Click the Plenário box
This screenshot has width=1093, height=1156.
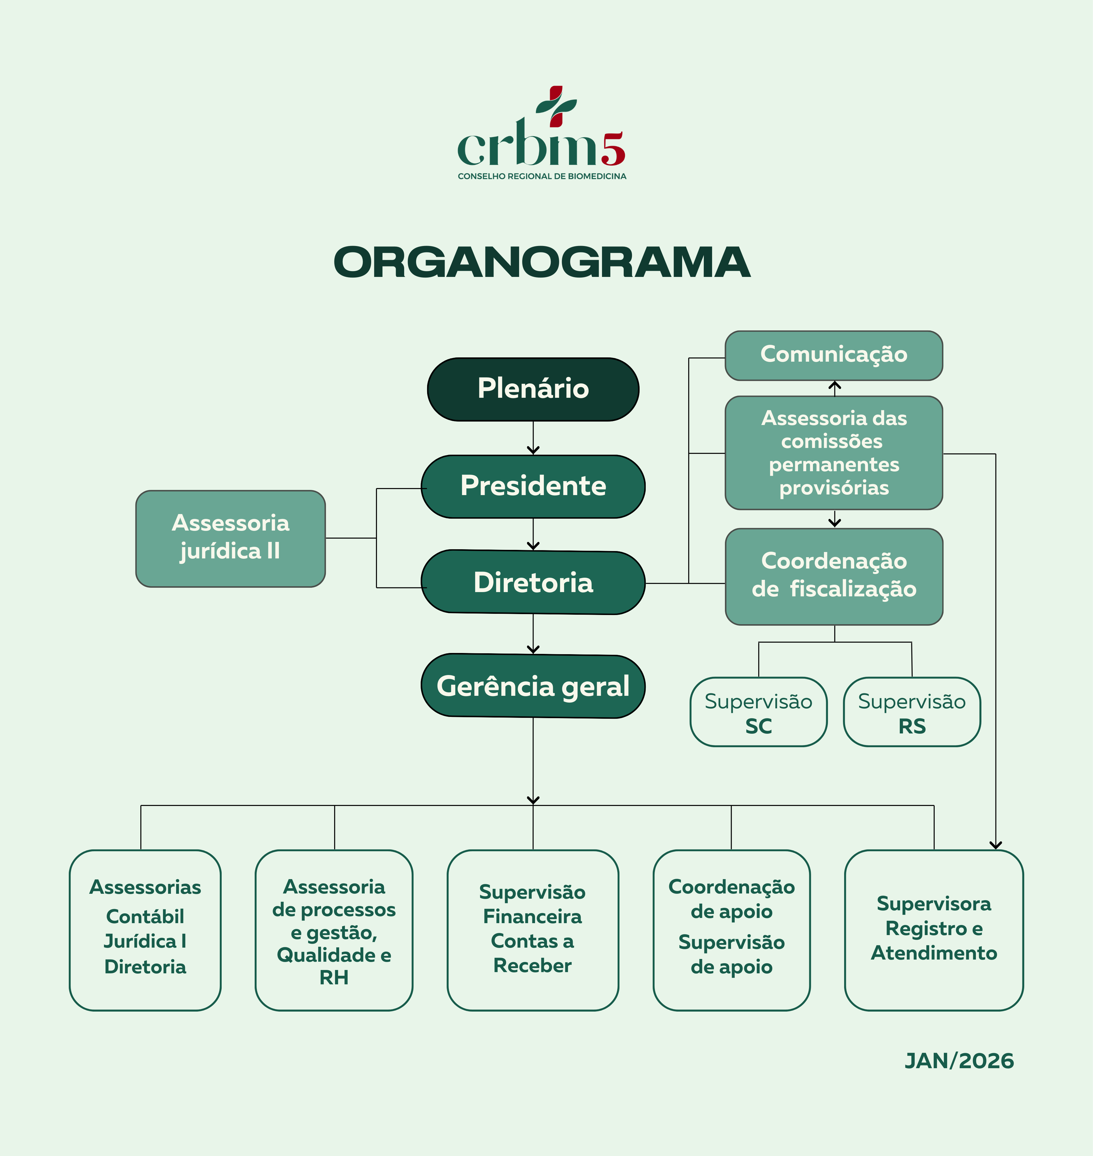click(533, 389)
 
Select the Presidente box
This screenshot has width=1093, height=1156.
click(533, 486)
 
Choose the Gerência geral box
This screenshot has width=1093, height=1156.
click(533, 686)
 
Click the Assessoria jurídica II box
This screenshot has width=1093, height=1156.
click(231, 538)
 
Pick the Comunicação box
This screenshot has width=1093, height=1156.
click(834, 355)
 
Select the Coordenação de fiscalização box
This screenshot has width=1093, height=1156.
click(834, 576)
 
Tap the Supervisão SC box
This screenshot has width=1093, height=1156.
click(759, 712)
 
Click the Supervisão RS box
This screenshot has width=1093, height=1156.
click(912, 712)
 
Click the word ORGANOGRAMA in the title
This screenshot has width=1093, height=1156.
click(542, 262)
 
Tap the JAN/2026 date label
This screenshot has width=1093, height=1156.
click(959, 1061)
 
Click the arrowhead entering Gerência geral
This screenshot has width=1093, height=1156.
click(533, 649)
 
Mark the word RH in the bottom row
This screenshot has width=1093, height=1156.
click(334, 978)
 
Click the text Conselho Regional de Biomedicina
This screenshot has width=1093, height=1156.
click(542, 176)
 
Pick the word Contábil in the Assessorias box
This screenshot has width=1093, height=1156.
click(145, 916)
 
